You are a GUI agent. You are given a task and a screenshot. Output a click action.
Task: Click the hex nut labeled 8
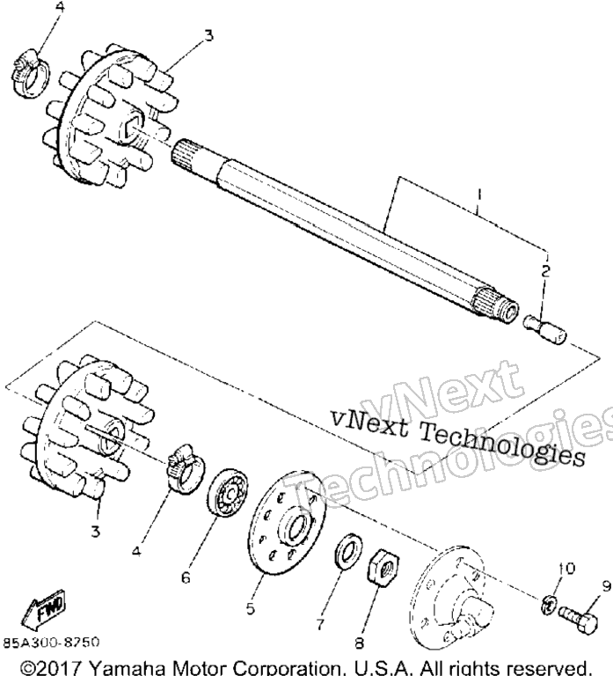coord(383,566)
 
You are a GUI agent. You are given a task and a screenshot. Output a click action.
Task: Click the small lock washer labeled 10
coord(549,604)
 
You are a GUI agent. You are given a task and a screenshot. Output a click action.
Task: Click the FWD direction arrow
coord(42,611)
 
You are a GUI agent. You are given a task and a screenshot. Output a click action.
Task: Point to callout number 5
coord(251,608)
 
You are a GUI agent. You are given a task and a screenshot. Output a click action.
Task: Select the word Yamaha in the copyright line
coord(127,668)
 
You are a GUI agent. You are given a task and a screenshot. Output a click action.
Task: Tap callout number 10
coord(566,569)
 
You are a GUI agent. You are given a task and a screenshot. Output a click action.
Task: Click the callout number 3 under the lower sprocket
coord(95,531)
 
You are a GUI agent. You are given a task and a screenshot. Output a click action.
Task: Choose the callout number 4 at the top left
coord(60,8)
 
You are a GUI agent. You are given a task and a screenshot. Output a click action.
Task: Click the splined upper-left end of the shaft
coord(186,156)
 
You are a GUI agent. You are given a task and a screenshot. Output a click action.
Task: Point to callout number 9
coord(606,586)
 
